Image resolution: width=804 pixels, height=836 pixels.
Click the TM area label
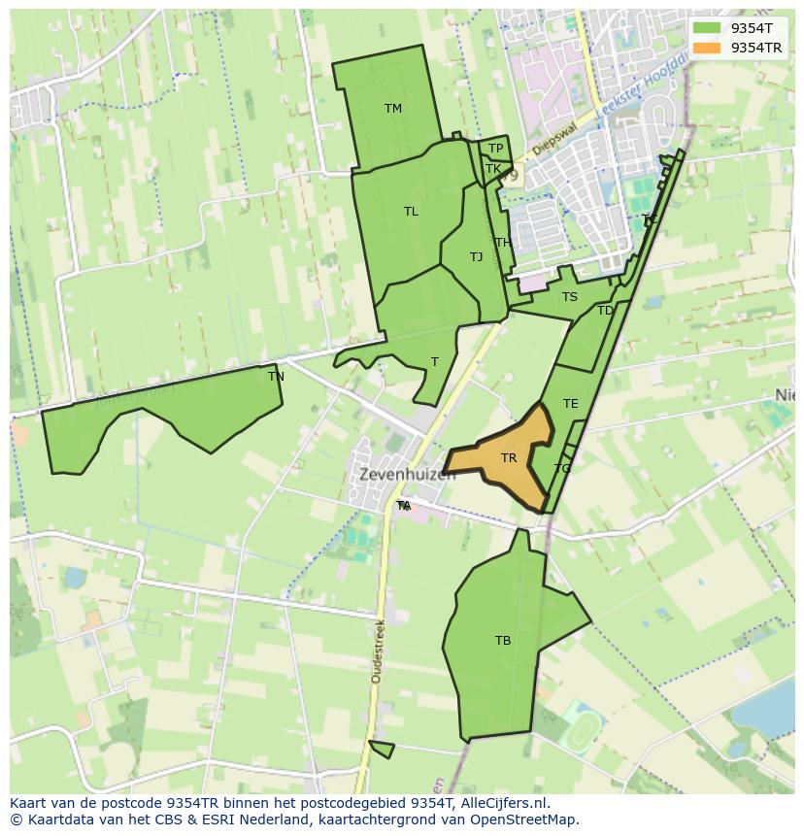click(392, 109)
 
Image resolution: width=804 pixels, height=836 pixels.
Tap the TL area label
click(411, 212)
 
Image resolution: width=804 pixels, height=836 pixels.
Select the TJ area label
click(476, 257)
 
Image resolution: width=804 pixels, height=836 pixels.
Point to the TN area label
click(276, 377)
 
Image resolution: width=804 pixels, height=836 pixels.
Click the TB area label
click(503, 641)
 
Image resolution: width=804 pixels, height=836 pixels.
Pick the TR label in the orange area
click(509, 458)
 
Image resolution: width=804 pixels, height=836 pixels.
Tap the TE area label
click(570, 404)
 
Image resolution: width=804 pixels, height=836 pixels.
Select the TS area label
click(569, 297)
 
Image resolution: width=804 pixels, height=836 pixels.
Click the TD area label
click(605, 311)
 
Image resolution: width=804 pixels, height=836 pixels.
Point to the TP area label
click(495, 149)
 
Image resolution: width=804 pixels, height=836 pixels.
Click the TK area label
click(493, 169)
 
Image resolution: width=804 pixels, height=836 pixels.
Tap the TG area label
click(562, 469)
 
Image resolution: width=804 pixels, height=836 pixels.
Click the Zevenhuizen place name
click(407, 475)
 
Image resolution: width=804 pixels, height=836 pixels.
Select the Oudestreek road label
click(377, 651)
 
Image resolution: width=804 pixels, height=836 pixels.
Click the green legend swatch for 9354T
click(707, 29)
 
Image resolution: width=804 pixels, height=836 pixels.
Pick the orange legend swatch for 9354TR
click(707, 48)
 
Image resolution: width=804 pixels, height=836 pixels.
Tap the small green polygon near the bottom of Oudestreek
click(383, 749)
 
